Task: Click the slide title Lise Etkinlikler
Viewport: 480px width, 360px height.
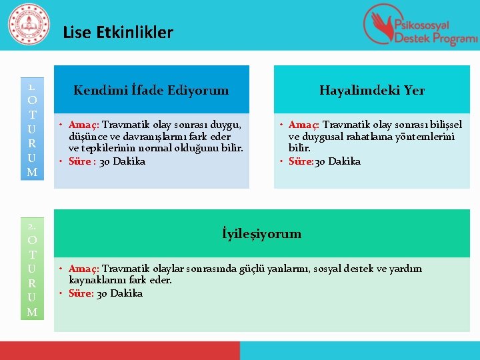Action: click(118, 32)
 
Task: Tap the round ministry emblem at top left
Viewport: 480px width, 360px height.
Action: click(28, 25)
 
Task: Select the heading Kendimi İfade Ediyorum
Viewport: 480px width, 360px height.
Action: click(151, 90)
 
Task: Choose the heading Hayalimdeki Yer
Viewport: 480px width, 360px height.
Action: click(371, 90)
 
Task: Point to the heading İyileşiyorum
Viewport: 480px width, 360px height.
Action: click(261, 233)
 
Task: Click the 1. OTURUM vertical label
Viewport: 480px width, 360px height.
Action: click(31, 131)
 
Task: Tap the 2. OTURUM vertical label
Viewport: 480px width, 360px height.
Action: click(31, 267)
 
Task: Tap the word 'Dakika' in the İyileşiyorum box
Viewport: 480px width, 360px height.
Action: click(126, 293)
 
